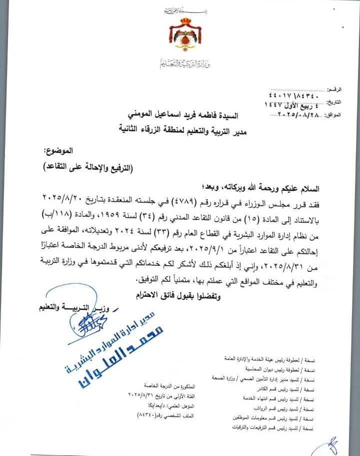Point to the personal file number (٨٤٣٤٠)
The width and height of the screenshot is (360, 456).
[x=146, y=415]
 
